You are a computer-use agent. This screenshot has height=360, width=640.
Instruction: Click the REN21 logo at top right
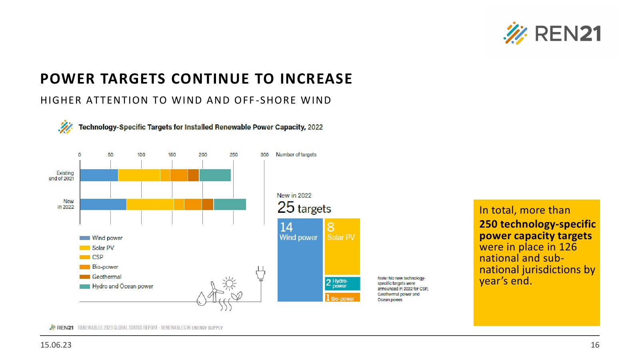click(552, 33)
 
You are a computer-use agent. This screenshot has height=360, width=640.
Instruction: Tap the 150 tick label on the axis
click(172, 155)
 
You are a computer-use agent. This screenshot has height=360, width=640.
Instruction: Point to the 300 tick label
click(264, 155)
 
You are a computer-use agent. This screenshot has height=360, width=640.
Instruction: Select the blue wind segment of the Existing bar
click(99, 175)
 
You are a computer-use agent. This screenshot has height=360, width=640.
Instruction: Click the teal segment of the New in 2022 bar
click(230, 204)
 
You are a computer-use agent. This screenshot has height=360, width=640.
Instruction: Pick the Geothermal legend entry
click(106, 277)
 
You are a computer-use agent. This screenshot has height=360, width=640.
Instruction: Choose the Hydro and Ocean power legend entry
click(122, 286)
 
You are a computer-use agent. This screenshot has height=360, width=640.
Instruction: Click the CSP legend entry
click(98, 257)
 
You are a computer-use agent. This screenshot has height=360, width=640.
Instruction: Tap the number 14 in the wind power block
click(286, 227)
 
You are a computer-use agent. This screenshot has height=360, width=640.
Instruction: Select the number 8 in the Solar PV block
click(330, 227)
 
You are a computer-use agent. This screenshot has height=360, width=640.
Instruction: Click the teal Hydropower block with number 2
click(342, 283)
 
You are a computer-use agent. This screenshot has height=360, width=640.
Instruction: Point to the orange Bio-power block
click(342, 298)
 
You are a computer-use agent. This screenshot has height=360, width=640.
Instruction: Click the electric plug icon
click(260, 274)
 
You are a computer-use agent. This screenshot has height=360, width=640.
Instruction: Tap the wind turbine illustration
click(215, 291)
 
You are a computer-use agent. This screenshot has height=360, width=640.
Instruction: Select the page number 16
click(595, 345)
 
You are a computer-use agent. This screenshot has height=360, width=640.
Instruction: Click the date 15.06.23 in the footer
click(56, 345)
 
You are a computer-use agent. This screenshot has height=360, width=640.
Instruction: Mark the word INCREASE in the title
click(316, 79)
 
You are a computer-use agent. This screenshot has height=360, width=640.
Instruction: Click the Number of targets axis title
click(296, 155)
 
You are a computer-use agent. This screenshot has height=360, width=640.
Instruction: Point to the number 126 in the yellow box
click(568, 247)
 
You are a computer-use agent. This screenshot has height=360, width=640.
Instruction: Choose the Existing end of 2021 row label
click(62, 176)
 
